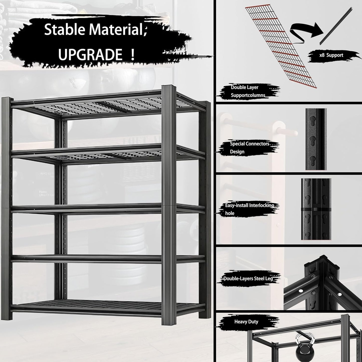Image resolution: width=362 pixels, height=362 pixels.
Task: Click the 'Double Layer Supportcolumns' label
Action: click(248, 91)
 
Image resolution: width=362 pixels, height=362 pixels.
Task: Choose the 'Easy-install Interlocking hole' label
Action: click(249, 209)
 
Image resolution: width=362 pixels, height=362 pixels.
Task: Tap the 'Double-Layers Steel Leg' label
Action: click(248, 279)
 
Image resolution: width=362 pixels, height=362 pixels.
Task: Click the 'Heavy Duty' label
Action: click(246, 322)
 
